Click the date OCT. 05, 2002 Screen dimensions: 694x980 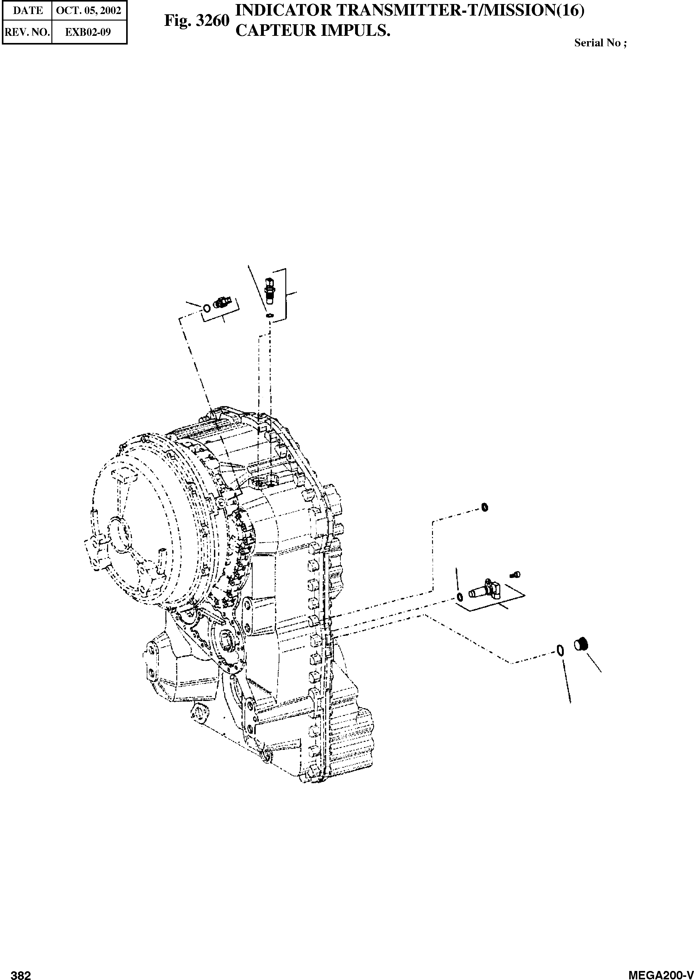(x=89, y=11)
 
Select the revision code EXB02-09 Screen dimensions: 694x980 (x=88, y=32)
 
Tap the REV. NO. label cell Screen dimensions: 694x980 (x=27, y=32)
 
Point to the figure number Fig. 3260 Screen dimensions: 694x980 (x=197, y=21)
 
